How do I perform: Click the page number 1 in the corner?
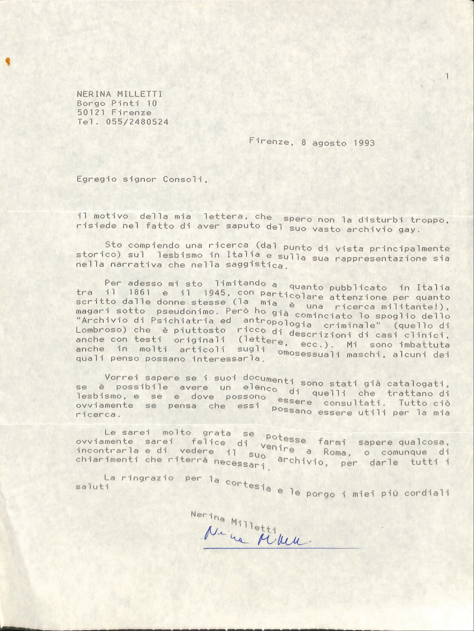coord(447,77)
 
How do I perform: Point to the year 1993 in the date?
coord(364,143)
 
